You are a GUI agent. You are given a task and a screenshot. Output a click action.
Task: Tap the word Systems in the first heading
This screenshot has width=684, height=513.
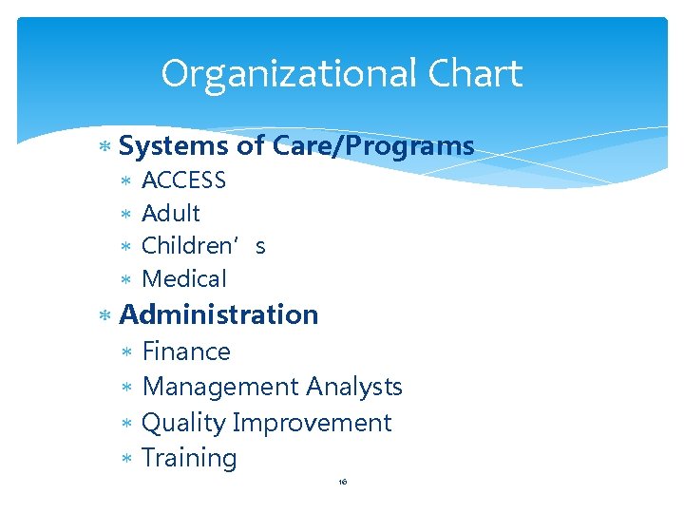(174, 146)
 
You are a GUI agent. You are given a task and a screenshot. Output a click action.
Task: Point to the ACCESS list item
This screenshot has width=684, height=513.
(183, 180)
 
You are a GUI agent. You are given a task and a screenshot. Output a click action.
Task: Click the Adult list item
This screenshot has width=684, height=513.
(171, 214)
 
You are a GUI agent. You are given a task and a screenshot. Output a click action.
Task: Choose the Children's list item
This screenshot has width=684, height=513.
(203, 246)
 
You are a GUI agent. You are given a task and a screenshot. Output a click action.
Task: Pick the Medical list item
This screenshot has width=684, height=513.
(184, 279)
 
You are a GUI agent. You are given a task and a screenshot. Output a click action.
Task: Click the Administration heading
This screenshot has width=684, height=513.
(218, 314)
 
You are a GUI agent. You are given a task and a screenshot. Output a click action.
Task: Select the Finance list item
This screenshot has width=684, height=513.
(186, 351)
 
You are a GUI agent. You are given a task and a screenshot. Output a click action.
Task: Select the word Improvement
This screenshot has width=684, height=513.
(312, 423)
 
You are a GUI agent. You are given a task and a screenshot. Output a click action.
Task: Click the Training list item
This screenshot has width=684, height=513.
(189, 458)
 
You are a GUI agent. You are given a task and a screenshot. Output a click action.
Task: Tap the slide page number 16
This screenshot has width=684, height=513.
(343, 483)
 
